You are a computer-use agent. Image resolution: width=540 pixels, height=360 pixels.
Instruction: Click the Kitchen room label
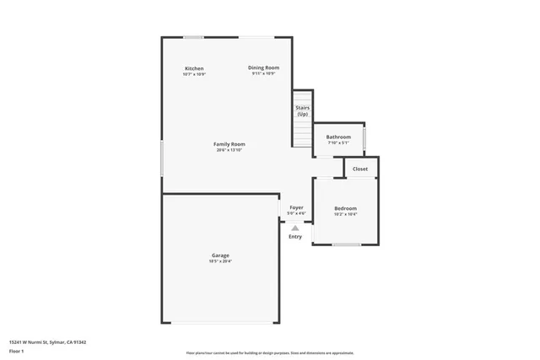coord(194,68)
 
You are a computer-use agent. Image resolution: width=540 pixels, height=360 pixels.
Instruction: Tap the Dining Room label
coord(263,67)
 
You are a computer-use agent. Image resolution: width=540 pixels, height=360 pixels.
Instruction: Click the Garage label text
coord(220,255)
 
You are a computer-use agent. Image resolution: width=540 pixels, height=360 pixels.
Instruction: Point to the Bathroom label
coord(338,137)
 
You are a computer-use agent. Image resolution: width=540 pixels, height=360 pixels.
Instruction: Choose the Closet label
coord(360,169)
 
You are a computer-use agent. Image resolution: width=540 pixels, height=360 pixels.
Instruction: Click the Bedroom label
coord(345,208)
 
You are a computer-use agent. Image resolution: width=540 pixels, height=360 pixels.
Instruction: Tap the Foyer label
coord(296,207)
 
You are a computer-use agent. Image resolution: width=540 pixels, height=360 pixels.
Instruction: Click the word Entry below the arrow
coord(295,237)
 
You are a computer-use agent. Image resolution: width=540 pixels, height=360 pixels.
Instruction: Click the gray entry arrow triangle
coord(294,228)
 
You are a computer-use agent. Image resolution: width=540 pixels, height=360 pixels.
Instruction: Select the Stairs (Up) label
coord(302,110)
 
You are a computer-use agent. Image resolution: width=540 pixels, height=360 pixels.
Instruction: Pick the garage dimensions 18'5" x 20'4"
coord(220,261)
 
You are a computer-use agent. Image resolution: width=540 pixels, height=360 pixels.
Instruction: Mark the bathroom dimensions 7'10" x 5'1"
coord(338,142)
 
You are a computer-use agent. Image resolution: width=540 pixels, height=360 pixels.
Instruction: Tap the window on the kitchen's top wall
coord(194,37)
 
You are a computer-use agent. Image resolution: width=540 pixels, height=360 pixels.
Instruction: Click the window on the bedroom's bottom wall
coord(346,244)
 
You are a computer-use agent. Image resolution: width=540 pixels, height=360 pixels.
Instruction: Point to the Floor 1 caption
coord(17,350)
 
